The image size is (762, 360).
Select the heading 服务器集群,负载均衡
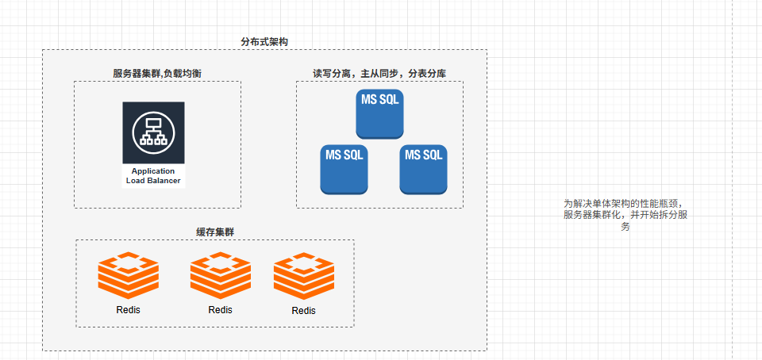157,73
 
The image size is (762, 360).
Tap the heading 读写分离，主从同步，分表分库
379,73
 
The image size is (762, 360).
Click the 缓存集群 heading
215,232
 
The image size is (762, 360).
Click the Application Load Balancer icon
153,132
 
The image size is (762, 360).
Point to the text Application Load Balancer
153,176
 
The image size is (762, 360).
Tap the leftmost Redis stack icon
129,276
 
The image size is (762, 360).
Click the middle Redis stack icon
221,276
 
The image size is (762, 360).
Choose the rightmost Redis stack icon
304,276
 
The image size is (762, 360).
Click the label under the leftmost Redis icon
129,310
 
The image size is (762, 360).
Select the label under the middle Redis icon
221,309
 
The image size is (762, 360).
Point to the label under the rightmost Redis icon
304,311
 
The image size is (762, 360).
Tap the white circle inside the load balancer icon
153,132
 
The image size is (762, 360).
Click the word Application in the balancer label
153,171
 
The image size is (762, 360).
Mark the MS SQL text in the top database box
379,100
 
